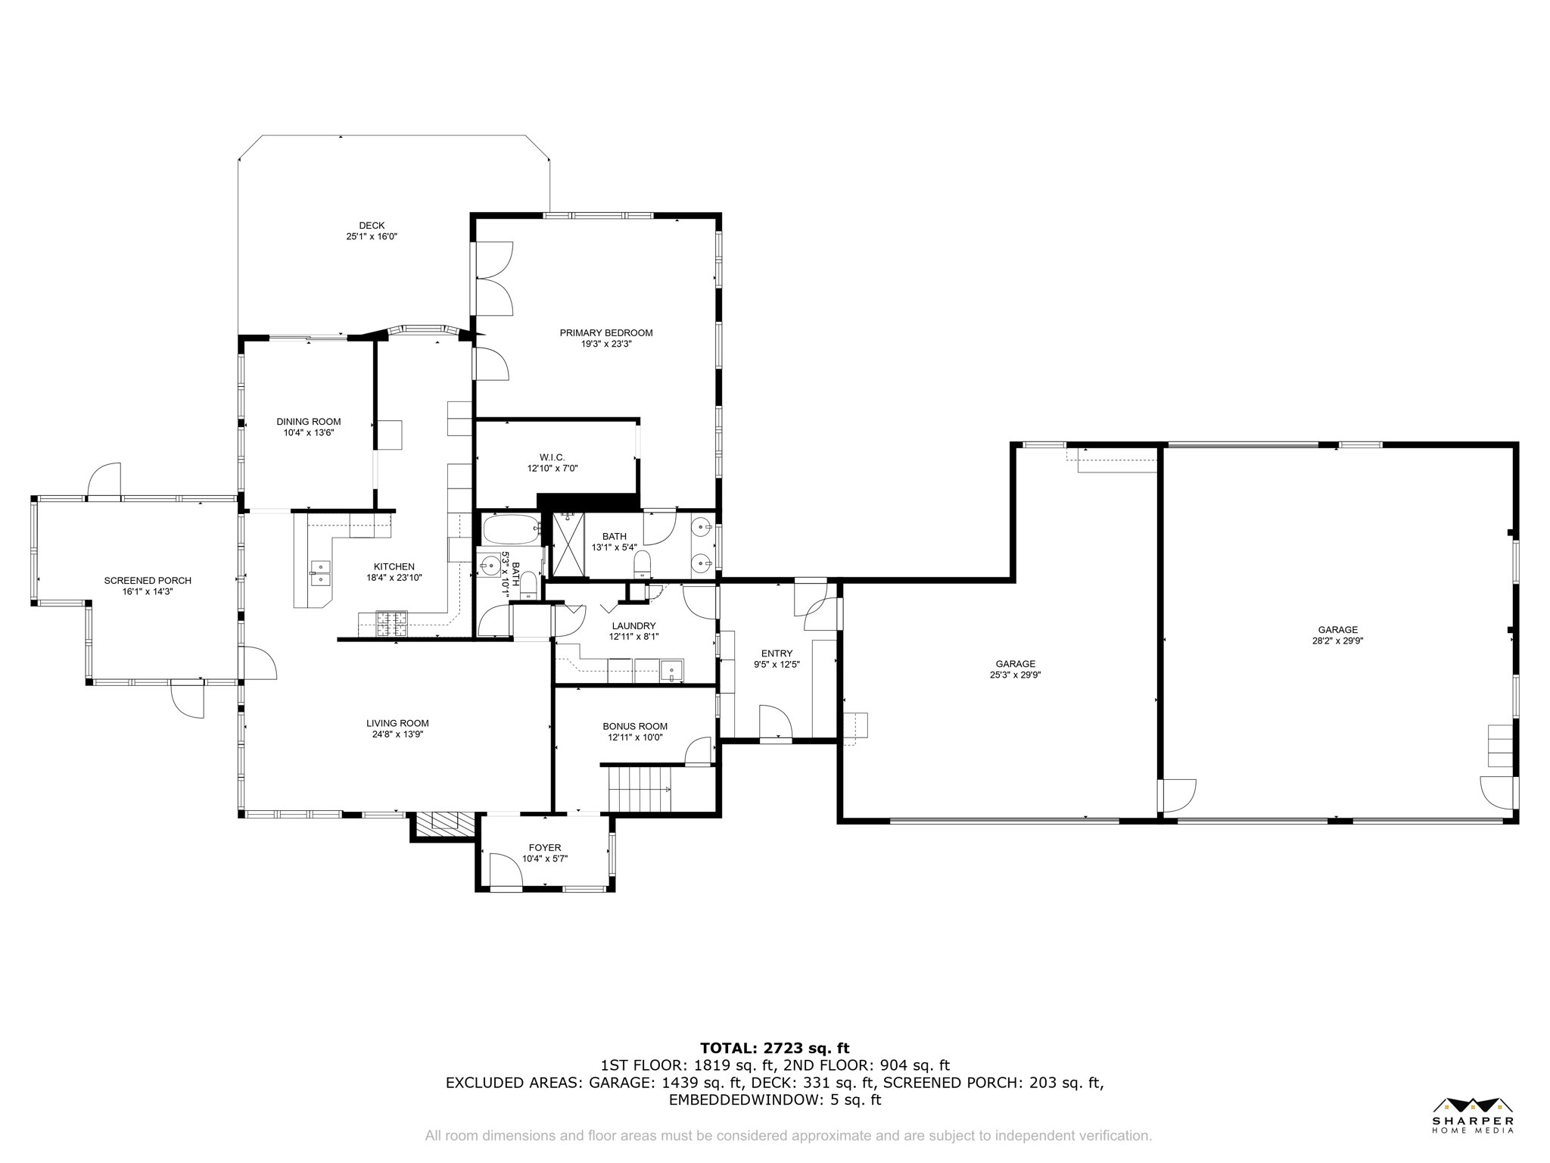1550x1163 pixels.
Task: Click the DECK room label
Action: (372, 226)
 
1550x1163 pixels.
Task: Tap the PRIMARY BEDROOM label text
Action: (605, 333)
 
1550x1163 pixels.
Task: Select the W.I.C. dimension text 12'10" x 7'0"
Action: (552, 469)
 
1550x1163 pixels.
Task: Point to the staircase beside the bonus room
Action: (640, 789)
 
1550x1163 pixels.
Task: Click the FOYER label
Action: (545, 848)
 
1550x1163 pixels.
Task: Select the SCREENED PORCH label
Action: (148, 581)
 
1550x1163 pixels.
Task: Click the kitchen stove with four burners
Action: (391, 623)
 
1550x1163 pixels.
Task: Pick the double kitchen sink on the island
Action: (320, 573)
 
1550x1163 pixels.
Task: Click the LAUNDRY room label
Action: (633, 626)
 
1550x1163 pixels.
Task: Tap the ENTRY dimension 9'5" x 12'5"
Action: (777, 665)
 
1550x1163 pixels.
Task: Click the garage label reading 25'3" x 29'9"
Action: (1015, 675)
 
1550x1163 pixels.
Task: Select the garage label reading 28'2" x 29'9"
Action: (1337, 641)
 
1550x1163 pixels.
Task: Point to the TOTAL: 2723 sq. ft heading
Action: (774, 1049)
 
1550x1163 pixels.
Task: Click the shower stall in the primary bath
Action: (568, 544)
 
